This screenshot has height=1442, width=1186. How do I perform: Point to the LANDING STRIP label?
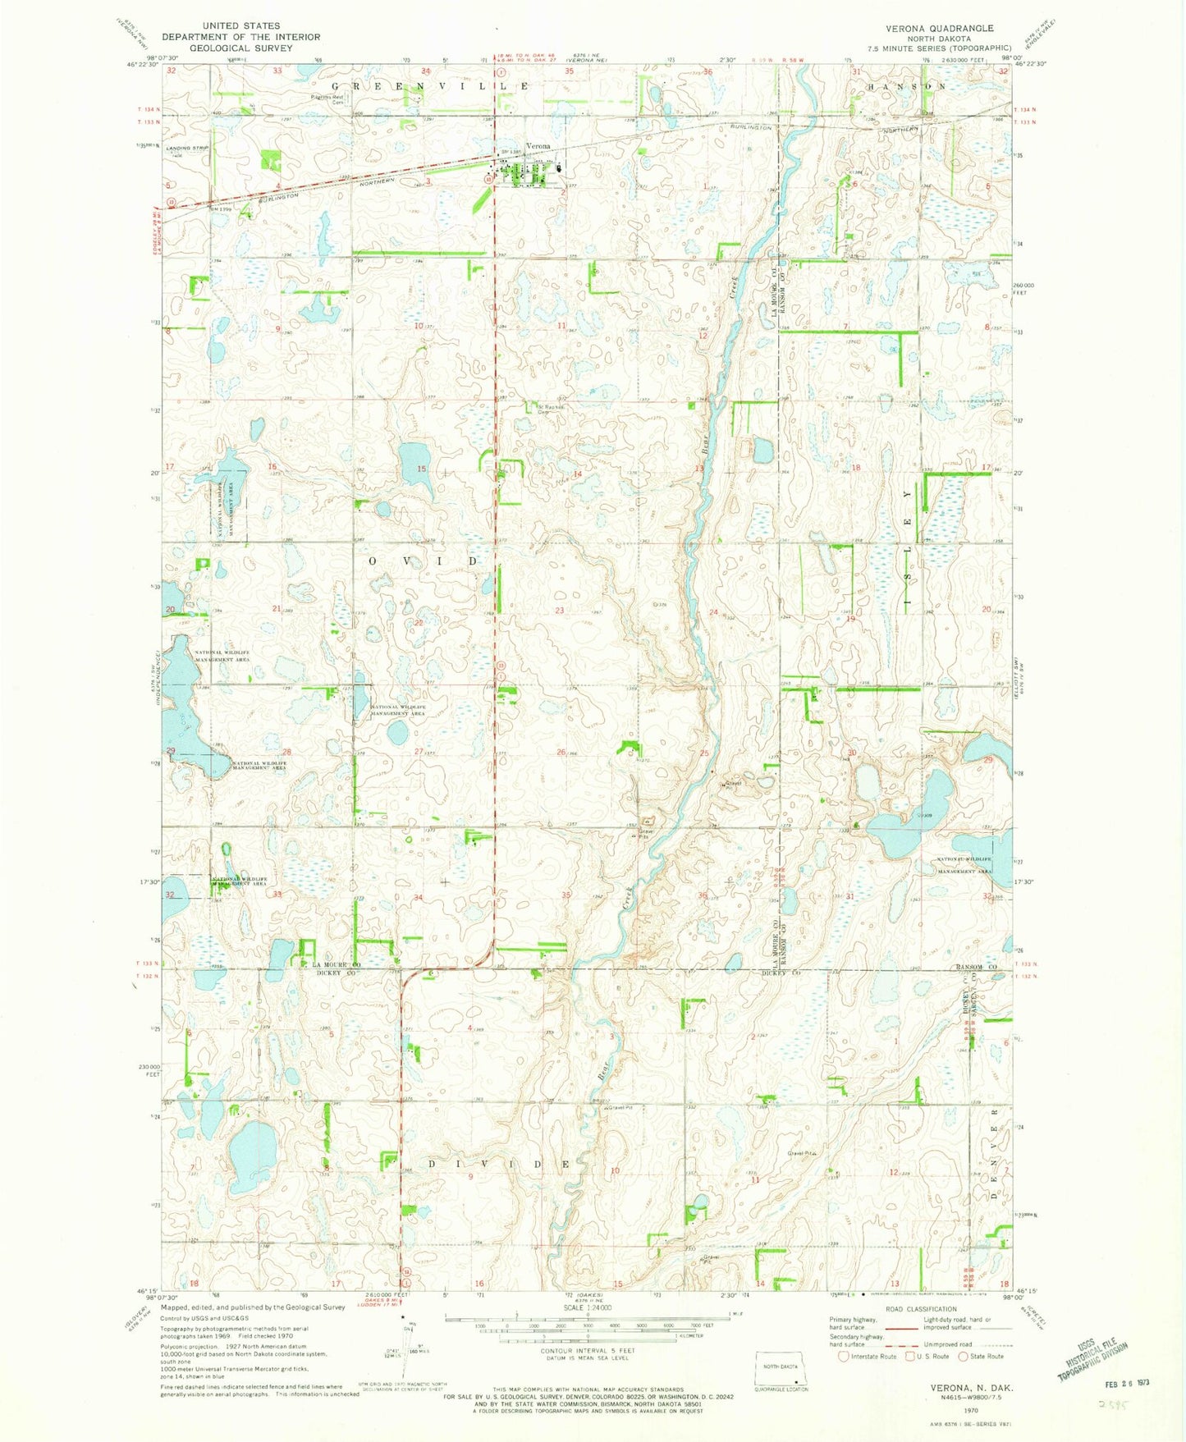click(189, 148)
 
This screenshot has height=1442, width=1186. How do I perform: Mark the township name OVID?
click(423, 561)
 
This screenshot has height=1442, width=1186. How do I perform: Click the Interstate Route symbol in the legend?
click(843, 1356)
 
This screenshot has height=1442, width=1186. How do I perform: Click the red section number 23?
click(560, 611)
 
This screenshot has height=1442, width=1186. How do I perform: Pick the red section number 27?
click(419, 752)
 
